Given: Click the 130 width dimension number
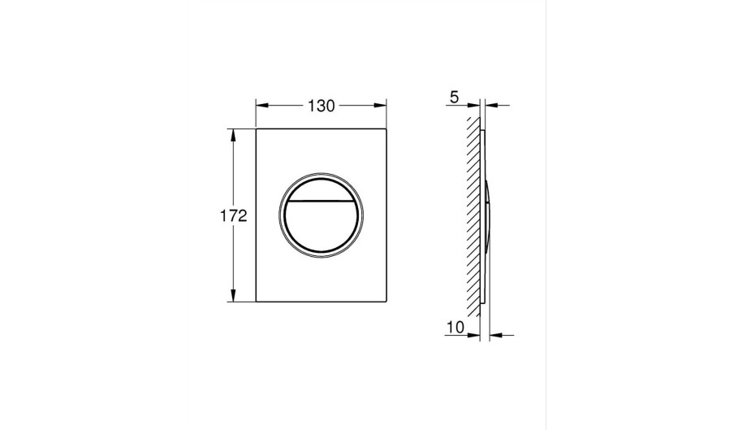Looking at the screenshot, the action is pyautogui.click(x=322, y=106).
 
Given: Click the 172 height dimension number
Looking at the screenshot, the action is pyautogui.click(x=233, y=216).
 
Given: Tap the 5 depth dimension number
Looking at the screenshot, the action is pyautogui.click(x=454, y=98).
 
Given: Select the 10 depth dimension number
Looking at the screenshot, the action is pyautogui.click(x=455, y=327).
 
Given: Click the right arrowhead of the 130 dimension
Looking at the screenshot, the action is pyautogui.click(x=380, y=106).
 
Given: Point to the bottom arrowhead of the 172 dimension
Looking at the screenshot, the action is pyautogui.click(x=233, y=295).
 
